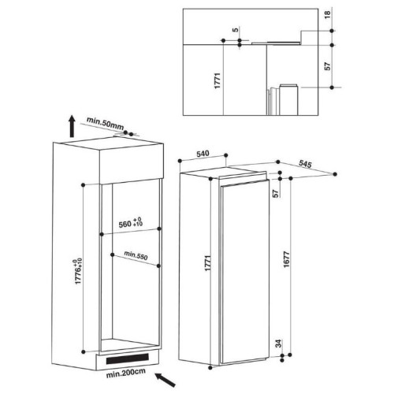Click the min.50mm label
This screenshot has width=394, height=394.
tap(105, 123)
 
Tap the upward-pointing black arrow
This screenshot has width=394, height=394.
tap(72, 127)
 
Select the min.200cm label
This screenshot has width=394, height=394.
tap(125, 374)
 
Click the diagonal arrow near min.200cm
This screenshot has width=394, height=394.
tap(165, 380)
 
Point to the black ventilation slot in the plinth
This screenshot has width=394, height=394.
tap(128, 359)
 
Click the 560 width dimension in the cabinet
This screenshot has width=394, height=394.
tap(131, 223)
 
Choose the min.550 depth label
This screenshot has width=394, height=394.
tap(136, 255)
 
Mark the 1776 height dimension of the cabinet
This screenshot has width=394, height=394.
tap(78, 271)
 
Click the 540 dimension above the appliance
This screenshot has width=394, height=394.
tap(203, 154)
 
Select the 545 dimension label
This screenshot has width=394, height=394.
tap(305, 164)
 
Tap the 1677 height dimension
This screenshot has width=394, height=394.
tap(286, 259)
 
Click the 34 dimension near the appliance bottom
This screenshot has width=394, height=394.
tap(278, 344)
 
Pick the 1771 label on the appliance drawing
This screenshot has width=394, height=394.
tap(208, 262)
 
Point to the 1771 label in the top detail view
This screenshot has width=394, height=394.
tap(217, 80)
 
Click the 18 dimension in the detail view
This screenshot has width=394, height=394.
tap(327, 14)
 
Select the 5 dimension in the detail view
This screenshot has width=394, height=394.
tap(236, 30)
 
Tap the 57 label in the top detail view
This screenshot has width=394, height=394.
tap(327, 66)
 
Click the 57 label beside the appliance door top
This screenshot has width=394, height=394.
tap(275, 194)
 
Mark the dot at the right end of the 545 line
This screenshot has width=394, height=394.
tap(335, 174)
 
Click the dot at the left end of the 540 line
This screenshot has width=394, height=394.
tap(180, 161)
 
